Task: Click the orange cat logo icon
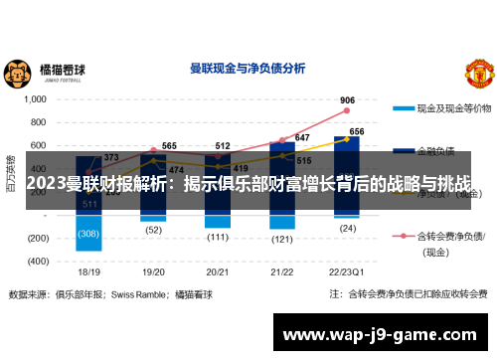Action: (17, 73)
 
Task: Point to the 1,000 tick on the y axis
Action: (35, 99)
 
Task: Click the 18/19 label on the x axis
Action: (89, 270)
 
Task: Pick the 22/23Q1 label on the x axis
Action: (347, 270)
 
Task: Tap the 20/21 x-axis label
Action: (219, 270)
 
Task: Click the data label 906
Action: (347, 100)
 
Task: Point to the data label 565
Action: (169, 146)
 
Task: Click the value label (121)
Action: (282, 240)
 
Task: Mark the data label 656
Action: (357, 131)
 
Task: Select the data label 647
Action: (301, 137)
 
